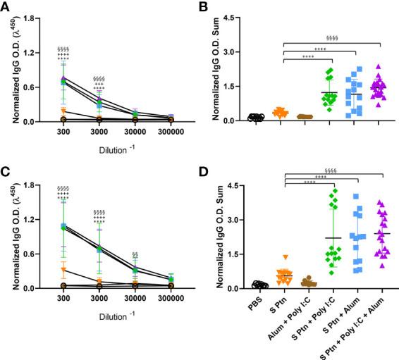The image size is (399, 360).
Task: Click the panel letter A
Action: pos(6,6)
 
